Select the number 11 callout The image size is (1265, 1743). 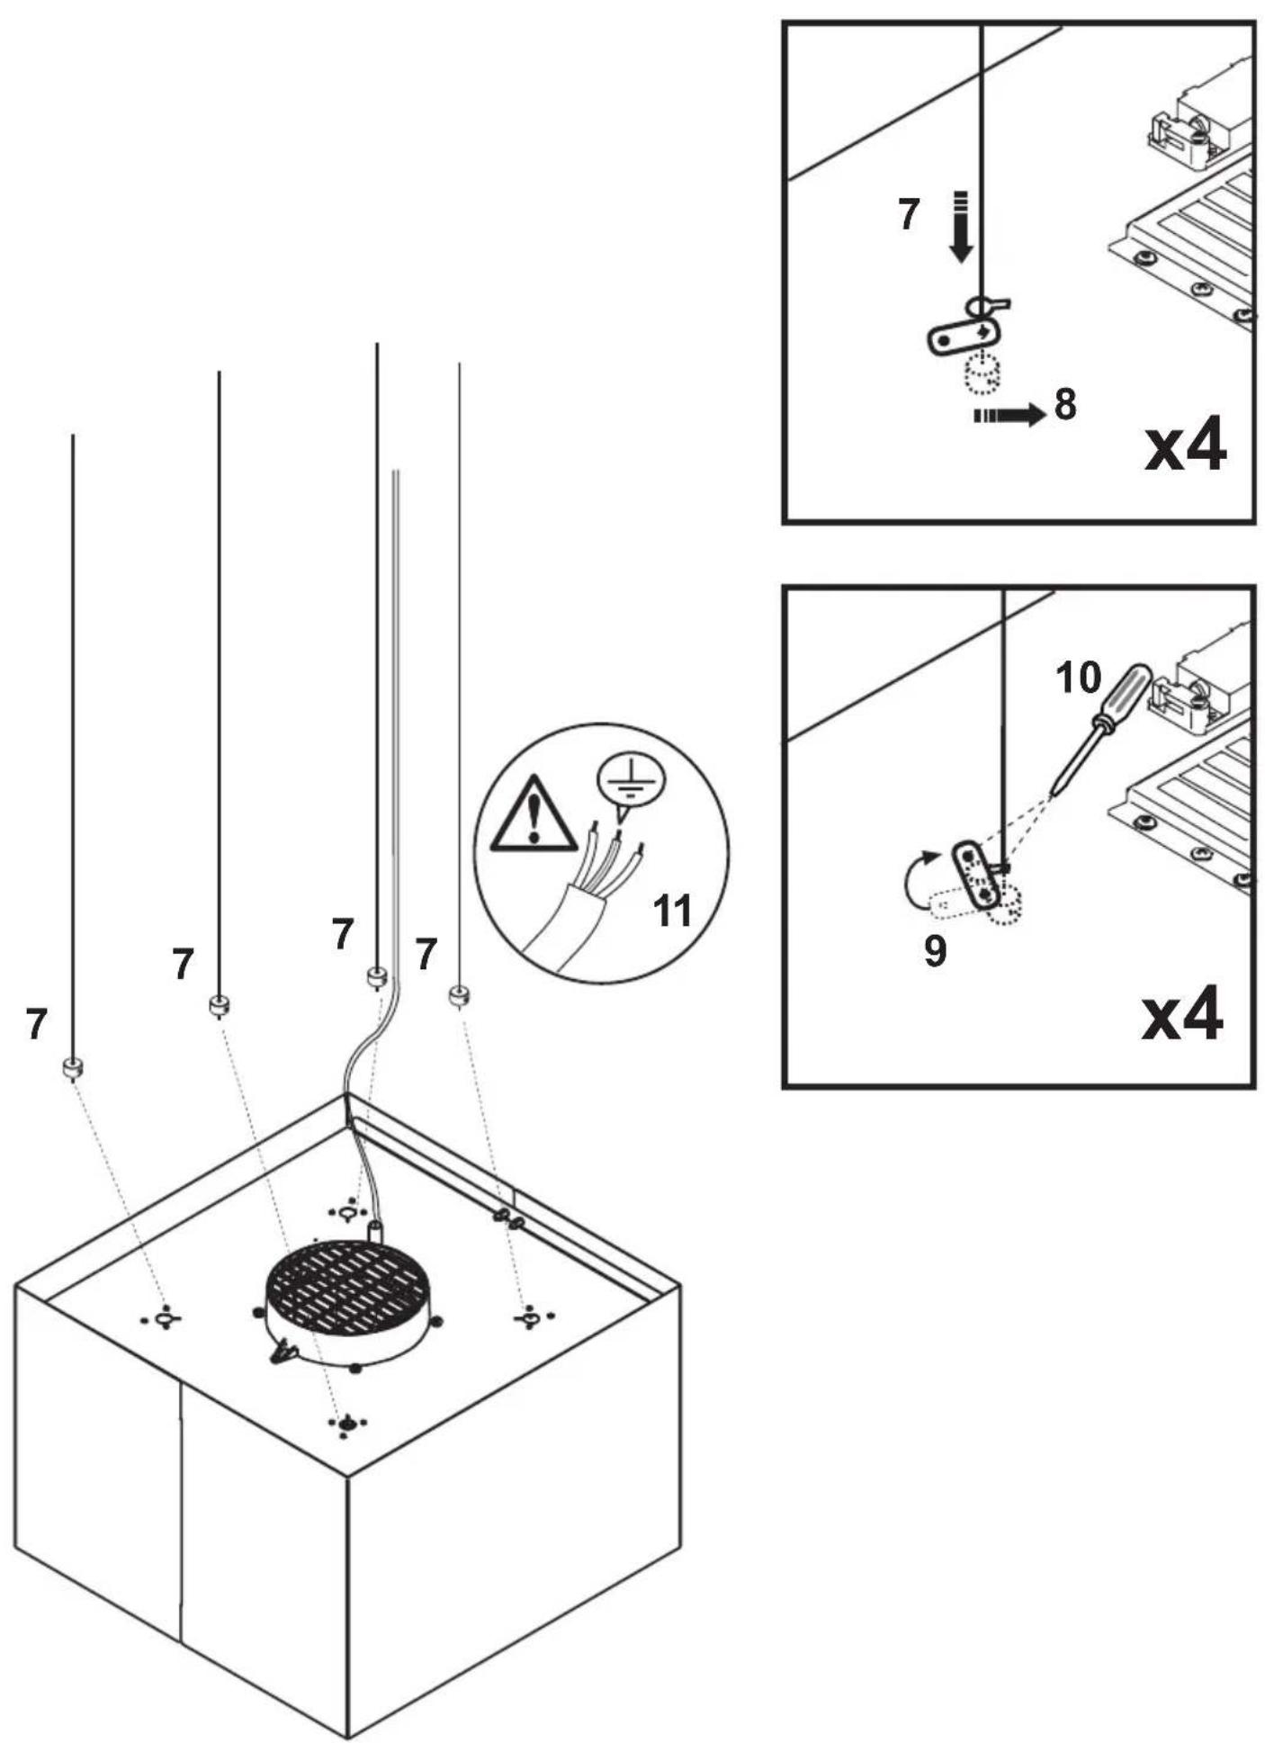(672, 912)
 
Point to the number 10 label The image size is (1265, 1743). (1078, 678)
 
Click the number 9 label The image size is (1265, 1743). (935, 950)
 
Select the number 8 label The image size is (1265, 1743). (1065, 404)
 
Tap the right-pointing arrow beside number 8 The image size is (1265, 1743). (1009, 415)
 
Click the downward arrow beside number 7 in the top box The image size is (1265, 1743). (961, 226)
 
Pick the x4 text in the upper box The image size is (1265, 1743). (1185, 446)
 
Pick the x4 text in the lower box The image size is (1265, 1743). (1182, 1013)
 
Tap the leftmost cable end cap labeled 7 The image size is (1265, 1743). (72, 1068)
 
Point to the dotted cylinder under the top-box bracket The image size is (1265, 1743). (982, 373)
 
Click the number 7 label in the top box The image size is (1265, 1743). (910, 215)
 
